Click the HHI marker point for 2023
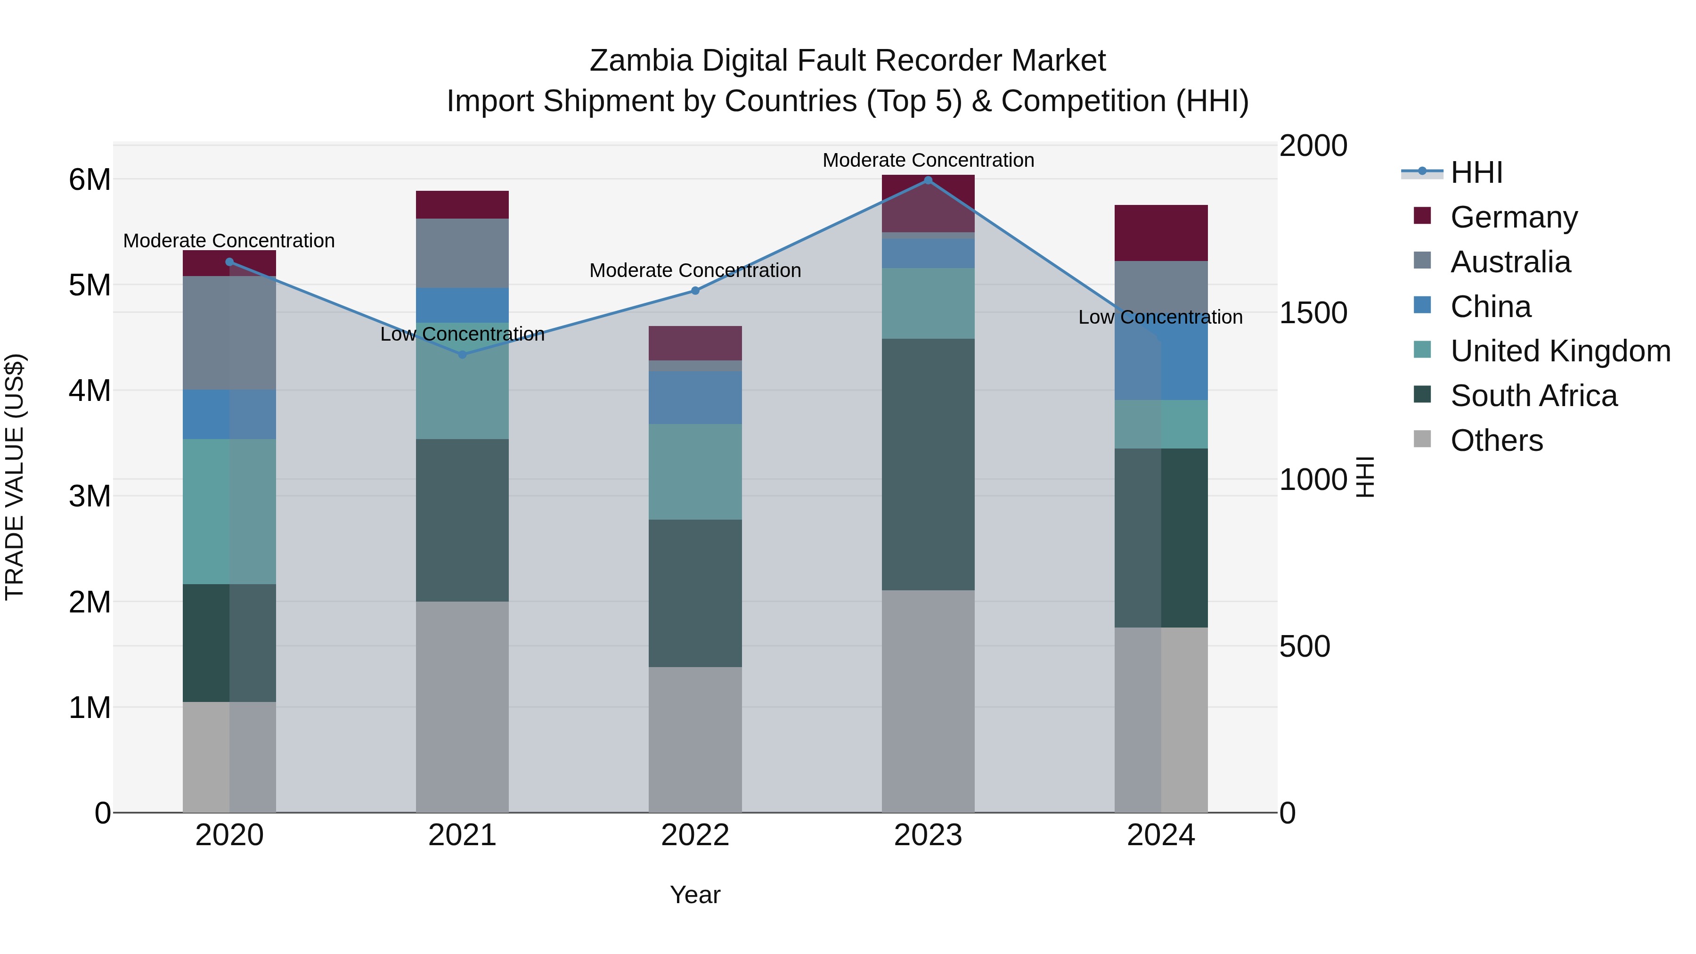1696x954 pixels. click(928, 180)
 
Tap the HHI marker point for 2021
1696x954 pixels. click(462, 354)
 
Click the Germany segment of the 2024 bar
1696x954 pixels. click(1161, 233)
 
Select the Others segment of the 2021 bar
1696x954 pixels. click(462, 707)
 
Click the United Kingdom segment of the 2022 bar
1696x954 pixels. click(695, 472)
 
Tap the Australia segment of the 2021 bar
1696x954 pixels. click(462, 253)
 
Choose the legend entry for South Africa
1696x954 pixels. click(1533, 396)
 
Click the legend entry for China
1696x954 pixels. click(1491, 307)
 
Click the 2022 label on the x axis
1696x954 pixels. click(695, 835)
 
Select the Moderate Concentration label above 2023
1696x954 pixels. click(928, 160)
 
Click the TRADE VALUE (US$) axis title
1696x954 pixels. click(15, 477)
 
